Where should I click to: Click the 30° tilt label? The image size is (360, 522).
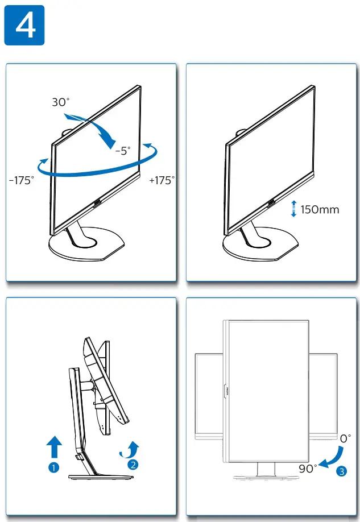point(60,102)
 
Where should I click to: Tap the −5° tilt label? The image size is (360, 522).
point(122,151)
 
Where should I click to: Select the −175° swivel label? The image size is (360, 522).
point(22,180)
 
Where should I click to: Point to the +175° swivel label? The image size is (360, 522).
point(162,180)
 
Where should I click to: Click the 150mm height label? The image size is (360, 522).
point(320,209)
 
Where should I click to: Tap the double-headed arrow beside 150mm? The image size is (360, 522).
point(293,209)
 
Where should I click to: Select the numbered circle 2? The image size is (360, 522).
point(133,464)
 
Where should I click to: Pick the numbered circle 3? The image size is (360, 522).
point(341,471)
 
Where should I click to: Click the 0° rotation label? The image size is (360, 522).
point(345,438)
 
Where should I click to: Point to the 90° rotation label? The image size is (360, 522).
point(308,469)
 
